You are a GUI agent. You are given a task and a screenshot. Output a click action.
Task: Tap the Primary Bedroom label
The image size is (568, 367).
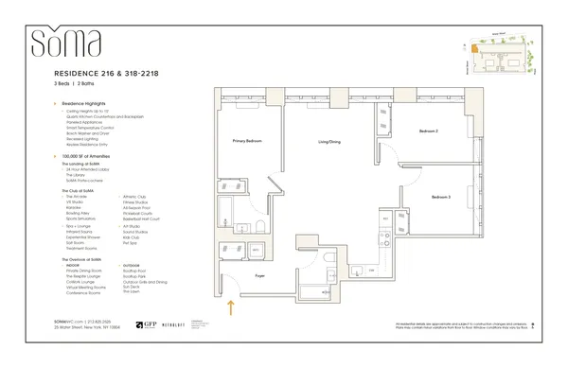[x=246, y=141]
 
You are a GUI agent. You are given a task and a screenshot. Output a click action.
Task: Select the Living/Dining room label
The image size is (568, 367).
[x=328, y=141]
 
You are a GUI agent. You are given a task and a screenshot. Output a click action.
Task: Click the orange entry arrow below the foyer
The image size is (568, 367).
[x=230, y=306]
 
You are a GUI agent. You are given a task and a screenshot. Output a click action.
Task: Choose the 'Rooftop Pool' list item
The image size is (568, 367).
[x=133, y=271]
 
